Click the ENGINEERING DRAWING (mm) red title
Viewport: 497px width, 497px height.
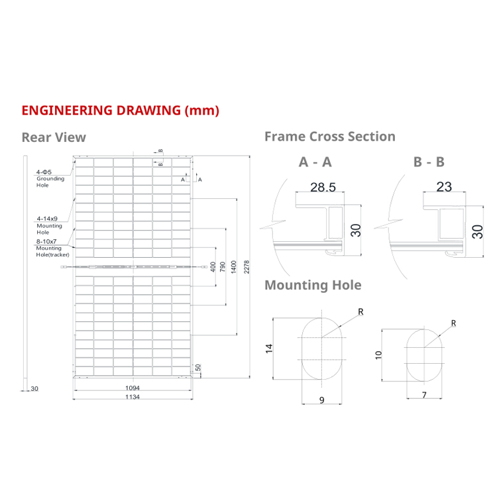[x=120, y=110]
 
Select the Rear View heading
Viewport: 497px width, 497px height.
[x=54, y=137]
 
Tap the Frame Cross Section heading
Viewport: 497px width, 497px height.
[x=329, y=137]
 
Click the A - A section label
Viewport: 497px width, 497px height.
[x=315, y=162]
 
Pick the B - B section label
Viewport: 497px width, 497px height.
[x=429, y=162]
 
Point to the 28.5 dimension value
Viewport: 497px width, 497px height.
[x=323, y=188]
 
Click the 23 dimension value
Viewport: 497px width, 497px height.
[x=444, y=187]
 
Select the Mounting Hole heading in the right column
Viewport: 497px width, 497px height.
[x=313, y=285]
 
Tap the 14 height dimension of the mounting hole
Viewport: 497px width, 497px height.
[x=270, y=349]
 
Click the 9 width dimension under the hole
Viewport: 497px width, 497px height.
[x=321, y=400]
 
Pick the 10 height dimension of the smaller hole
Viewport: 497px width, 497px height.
[x=378, y=354]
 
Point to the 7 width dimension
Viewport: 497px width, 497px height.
[x=425, y=395]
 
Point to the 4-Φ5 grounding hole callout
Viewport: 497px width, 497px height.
[x=45, y=172]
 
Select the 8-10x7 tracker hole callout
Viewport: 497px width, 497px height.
[x=48, y=243]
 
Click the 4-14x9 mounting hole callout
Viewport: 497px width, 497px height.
[x=48, y=218]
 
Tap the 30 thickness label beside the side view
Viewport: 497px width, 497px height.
[x=35, y=388]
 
